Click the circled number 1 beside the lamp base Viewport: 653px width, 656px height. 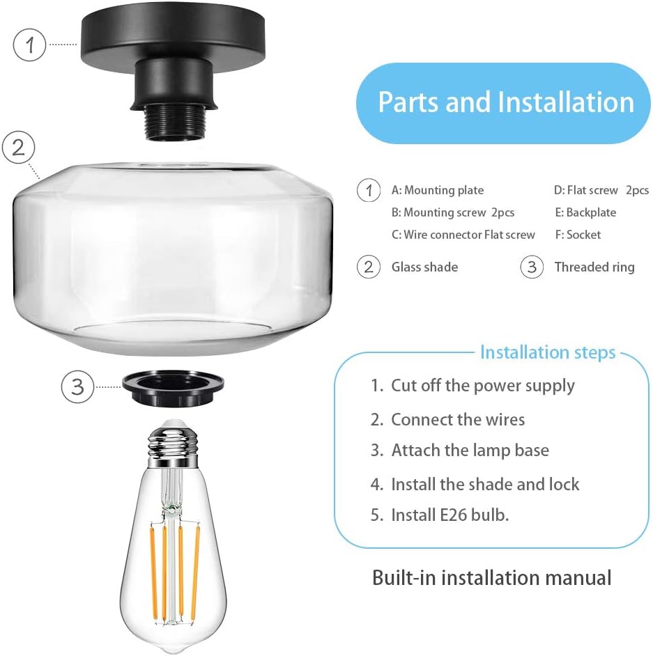pos(29,45)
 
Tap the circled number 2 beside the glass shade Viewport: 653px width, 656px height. pos(19,148)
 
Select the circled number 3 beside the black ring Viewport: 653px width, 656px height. pos(78,386)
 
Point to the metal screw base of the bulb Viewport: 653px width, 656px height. pos(171,445)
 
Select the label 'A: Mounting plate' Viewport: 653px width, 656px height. pos(437,190)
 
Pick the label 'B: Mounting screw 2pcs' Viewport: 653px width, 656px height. pos(453,212)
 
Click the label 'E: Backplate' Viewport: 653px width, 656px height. pos(585,212)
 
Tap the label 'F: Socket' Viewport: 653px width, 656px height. pos(578,235)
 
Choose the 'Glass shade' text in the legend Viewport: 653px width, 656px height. pos(424,267)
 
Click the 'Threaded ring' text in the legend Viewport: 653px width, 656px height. pos(594,267)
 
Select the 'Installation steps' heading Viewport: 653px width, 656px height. pos(548,352)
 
